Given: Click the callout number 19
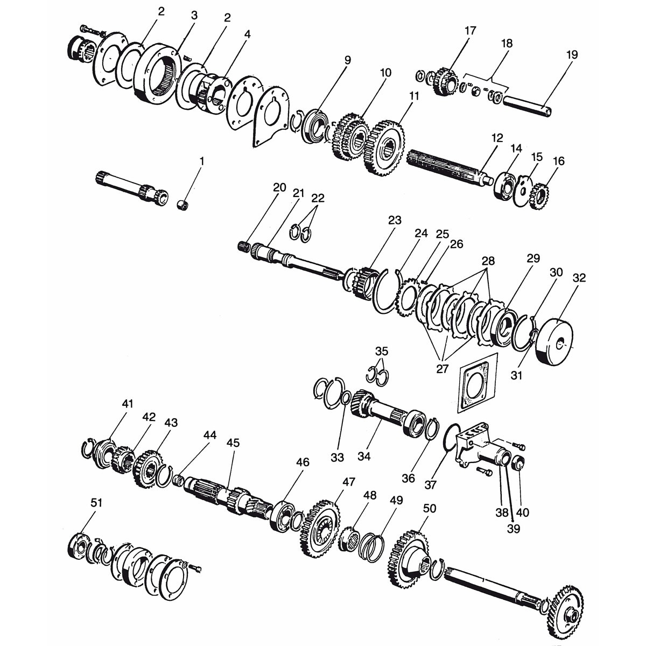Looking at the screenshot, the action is [572, 55].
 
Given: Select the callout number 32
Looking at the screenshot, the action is [579, 278].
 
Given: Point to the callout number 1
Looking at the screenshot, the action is [202, 161].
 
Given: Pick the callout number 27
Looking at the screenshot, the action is [442, 369].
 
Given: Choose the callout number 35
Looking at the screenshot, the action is [382, 351].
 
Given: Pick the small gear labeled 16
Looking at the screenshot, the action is [540, 197].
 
